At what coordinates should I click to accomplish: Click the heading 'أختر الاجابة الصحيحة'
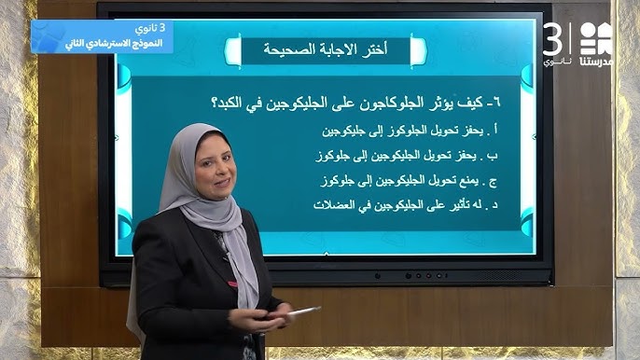coord(326,49)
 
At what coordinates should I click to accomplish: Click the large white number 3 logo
coord(555,39)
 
